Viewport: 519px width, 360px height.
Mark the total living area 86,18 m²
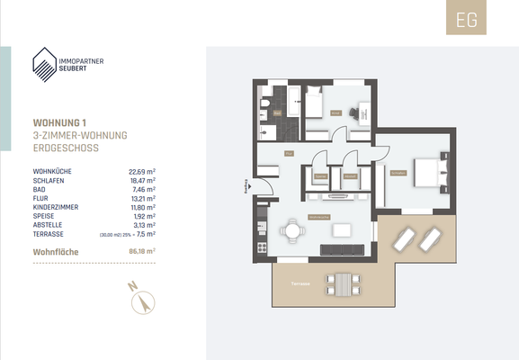coord(142,252)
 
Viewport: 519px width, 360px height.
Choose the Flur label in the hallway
coord(290,154)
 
